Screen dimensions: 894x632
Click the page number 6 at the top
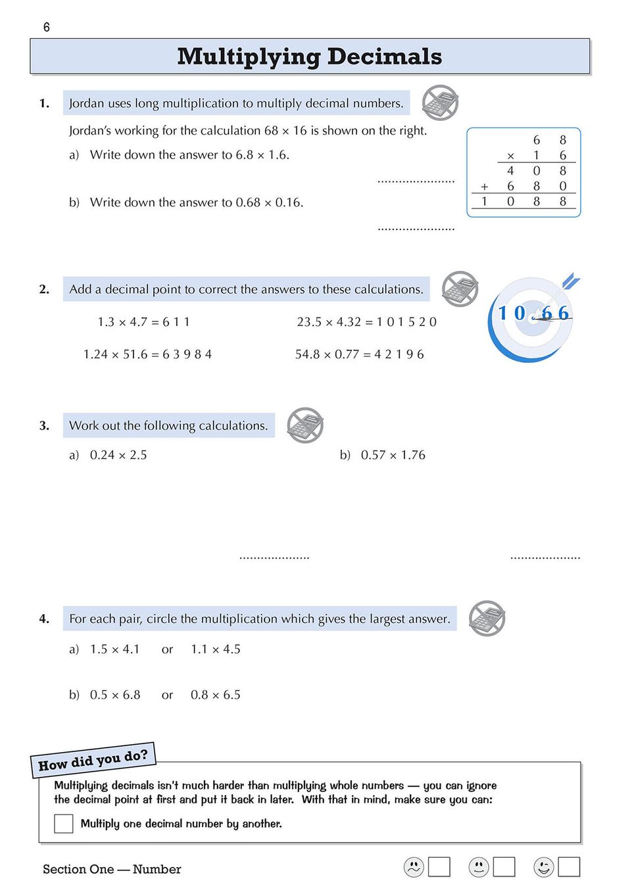pyautogui.click(x=46, y=27)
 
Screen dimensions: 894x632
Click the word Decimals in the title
pyautogui.click(x=384, y=57)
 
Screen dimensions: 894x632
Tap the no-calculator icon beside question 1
pyautogui.click(x=440, y=103)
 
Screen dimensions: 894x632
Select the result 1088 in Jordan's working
pyautogui.click(x=523, y=202)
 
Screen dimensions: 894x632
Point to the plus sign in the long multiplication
pyautogui.click(x=485, y=187)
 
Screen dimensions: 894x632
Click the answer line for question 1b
pyautogui.click(x=416, y=229)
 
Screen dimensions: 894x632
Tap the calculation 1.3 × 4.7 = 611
pyautogui.click(x=143, y=322)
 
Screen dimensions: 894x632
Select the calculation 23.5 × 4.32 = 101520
pyautogui.click(x=366, y=322)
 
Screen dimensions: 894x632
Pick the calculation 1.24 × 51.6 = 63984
pyautogui.click(x=147, y=354)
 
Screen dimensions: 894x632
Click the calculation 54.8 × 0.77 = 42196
pyautogui.click(x=359, y=354)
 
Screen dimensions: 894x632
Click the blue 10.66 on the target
pyautogui.click(x=533, y=313)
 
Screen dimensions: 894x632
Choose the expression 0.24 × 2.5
pyautogui.click(x=118, y=455)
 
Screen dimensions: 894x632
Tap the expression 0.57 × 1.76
pyautogui.click(x=393, y=455)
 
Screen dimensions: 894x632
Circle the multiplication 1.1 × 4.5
pyautogui.click(x=216, y=649)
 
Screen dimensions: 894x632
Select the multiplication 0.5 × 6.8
pyautogui.click(x=115, y=695)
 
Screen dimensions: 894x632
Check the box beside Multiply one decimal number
pyautogui.click(x=64, y=824)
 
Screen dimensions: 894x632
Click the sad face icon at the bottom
pyautogui.click(x=414, y=867)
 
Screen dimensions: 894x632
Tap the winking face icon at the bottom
pyautogui.click(x=544, y=867)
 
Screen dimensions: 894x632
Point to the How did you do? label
pyautogui.click(x=93, y=761)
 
